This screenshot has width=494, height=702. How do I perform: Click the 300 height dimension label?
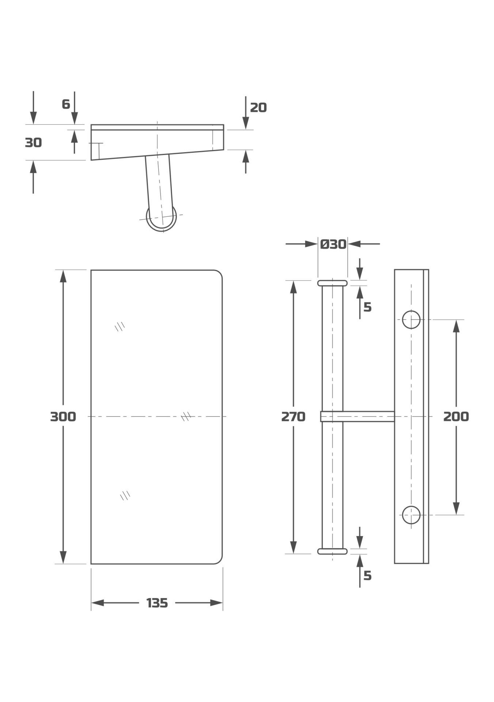[63, 416]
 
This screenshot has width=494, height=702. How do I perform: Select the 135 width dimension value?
[157, 603]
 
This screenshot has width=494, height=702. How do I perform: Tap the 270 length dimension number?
[293, 416]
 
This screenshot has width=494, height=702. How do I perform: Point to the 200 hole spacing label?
[456, 416]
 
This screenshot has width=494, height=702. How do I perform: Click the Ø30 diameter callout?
[333, 244]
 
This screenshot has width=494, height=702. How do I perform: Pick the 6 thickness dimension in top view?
[66, 104]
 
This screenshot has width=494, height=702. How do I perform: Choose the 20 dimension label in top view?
[258, 107]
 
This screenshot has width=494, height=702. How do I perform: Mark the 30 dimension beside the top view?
[33, 143]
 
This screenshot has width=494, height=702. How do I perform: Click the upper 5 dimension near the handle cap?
[368, 307]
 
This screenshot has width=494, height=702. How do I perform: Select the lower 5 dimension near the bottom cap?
[368, 576]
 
